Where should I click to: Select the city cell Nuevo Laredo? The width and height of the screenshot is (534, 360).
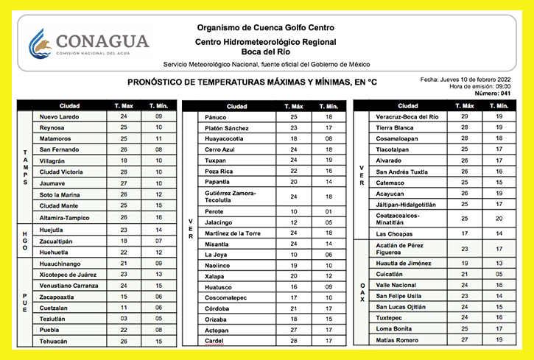click(59, 116)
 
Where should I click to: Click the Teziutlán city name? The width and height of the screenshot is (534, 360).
click(55, 320)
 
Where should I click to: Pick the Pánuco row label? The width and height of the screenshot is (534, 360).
click(216, 117)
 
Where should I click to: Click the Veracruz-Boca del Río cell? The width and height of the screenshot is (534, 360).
click(407, 116)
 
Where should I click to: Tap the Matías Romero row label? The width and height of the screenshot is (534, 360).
click(398, 339)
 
